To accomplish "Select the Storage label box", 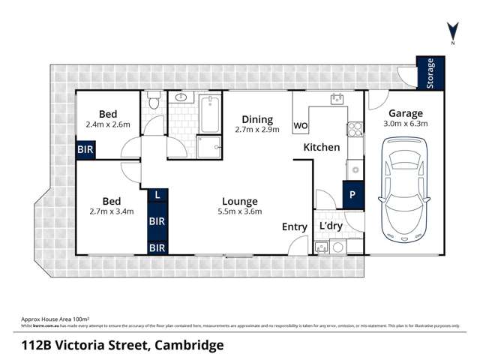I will (x=430, y=73).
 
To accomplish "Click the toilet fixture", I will (x=153, y=100).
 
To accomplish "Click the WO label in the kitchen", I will (x=301, y=125).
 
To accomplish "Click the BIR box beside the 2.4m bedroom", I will (x=85, y=150).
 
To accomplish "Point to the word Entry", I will (x=294, y=227).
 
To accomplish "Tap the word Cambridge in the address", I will (x=187, y=345).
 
